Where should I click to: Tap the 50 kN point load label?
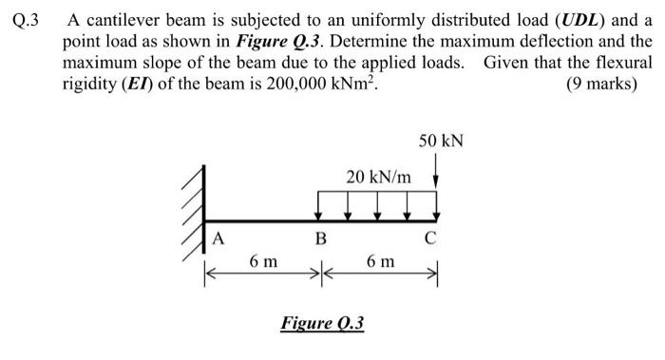[440, 142]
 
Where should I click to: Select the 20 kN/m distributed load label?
[379, 177]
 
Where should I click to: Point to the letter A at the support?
[218, 238]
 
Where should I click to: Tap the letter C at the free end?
[429, 238]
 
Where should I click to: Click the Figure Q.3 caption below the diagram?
[323, 323]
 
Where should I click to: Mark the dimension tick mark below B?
[320, 274]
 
